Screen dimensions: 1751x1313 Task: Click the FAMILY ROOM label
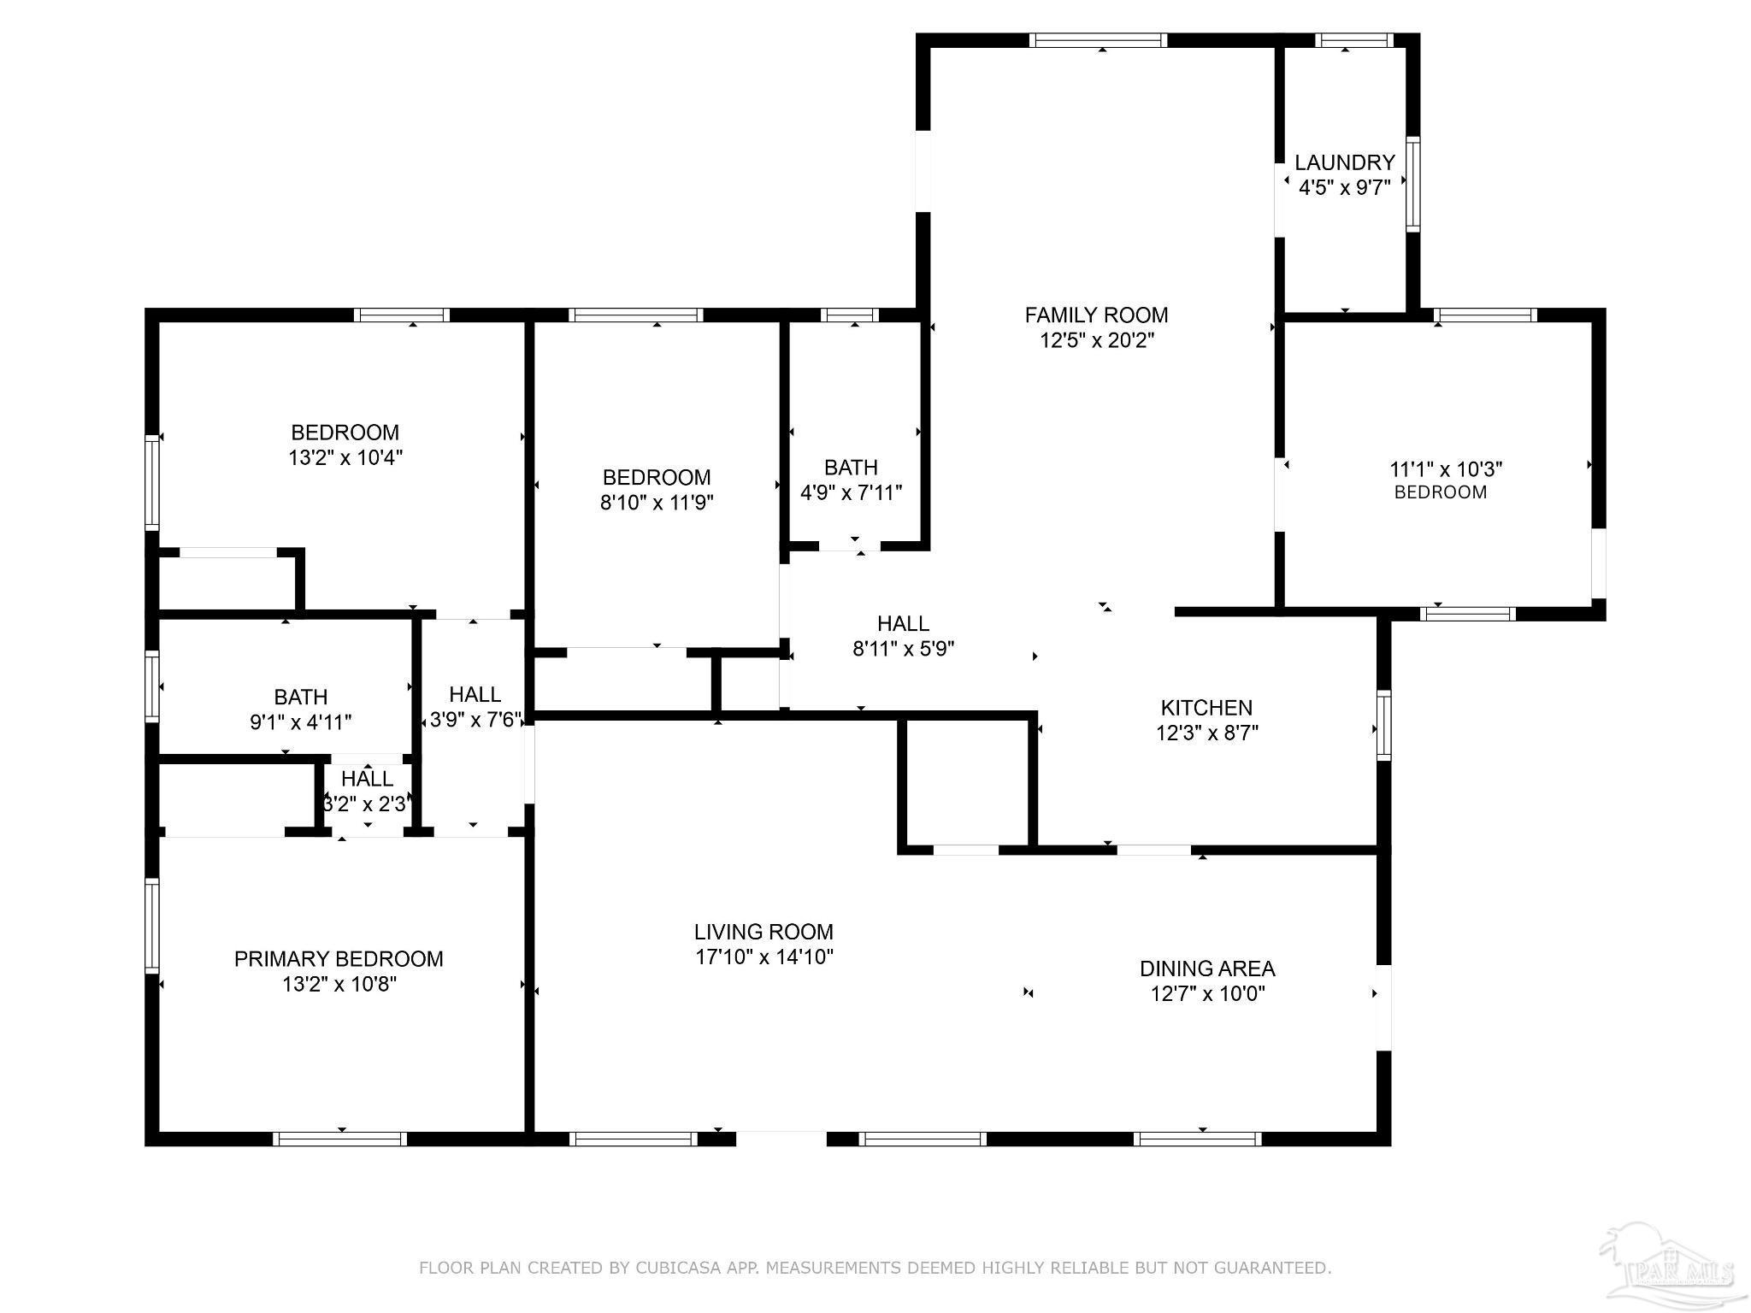1096,315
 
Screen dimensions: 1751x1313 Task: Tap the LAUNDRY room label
1345,162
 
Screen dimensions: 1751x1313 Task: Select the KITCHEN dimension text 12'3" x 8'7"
1207,733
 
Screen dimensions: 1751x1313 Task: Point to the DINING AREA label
1207,969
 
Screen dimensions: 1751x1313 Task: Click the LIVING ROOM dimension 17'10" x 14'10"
764,957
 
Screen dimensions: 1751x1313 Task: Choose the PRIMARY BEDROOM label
339,959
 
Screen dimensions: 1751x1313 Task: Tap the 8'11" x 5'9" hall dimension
904,649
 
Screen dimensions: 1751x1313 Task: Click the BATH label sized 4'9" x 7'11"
851,468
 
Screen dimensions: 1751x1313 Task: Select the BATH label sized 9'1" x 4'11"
301,698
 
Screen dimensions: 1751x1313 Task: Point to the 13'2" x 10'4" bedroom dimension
345,457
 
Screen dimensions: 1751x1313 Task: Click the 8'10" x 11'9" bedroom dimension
657,502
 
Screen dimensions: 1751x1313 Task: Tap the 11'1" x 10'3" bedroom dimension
1447,469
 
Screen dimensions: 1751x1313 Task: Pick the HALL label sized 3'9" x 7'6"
475,694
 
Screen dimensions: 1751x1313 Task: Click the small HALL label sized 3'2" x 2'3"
368,779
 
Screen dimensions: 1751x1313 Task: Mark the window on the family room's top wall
1099,40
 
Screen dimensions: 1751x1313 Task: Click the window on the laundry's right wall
1413,184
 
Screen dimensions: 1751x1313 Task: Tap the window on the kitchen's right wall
1383,725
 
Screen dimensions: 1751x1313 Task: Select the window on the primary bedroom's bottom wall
339,1139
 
